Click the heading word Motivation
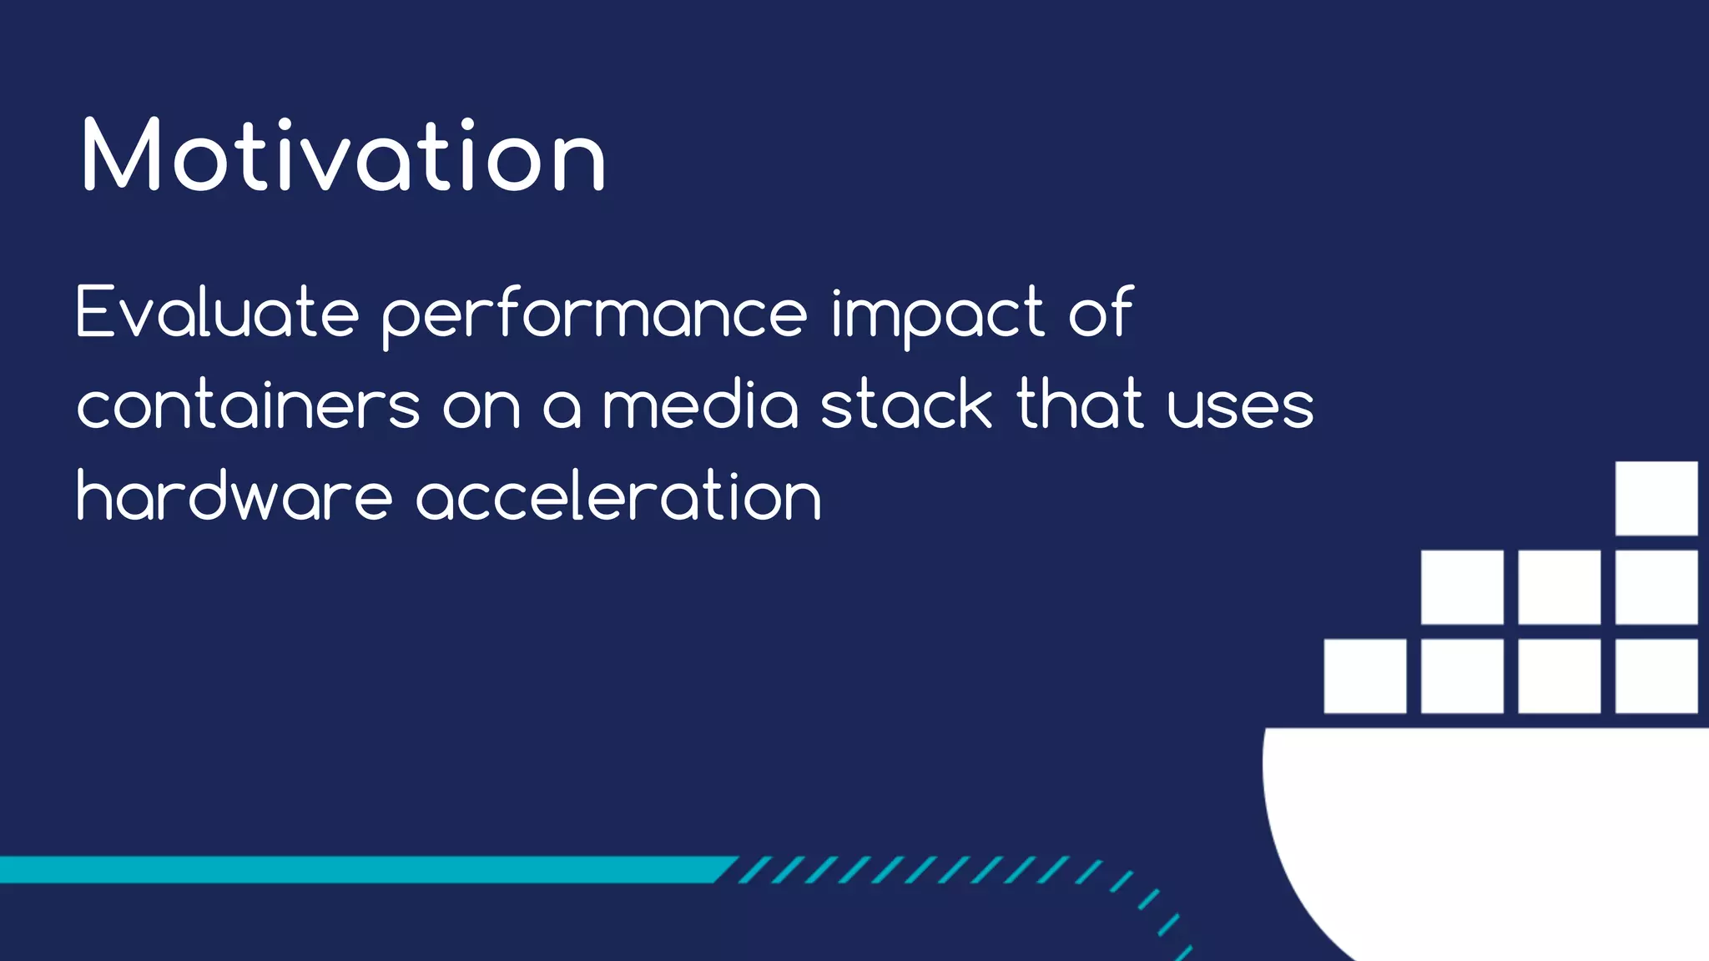(x=343, y=156)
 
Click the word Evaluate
(x=217, y=313)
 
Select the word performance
(x=594, y=315)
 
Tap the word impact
(x=937, y=315)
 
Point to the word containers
(x=248, y=406)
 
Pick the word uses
(x=1240, y=406)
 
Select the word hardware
(x=234, y=496)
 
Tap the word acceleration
(x=618, y=496)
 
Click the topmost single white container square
(x=1656, y=498)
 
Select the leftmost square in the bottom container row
(x=1364, y=676)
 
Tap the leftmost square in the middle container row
(x=1462, y=586)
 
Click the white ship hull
(x=1485, y=826)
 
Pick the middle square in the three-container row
(x=1559, y=586)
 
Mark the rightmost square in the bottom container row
(x=1656, y=676)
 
